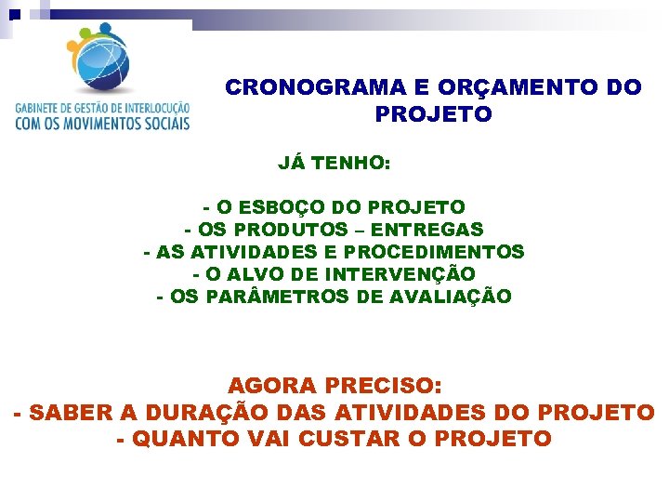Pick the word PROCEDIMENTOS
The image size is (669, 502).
tap(434, 252)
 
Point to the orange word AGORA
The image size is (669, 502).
tap(274, 385)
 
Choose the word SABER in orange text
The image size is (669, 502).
tap(66, 412)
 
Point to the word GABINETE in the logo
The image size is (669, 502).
tap(37, 108)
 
